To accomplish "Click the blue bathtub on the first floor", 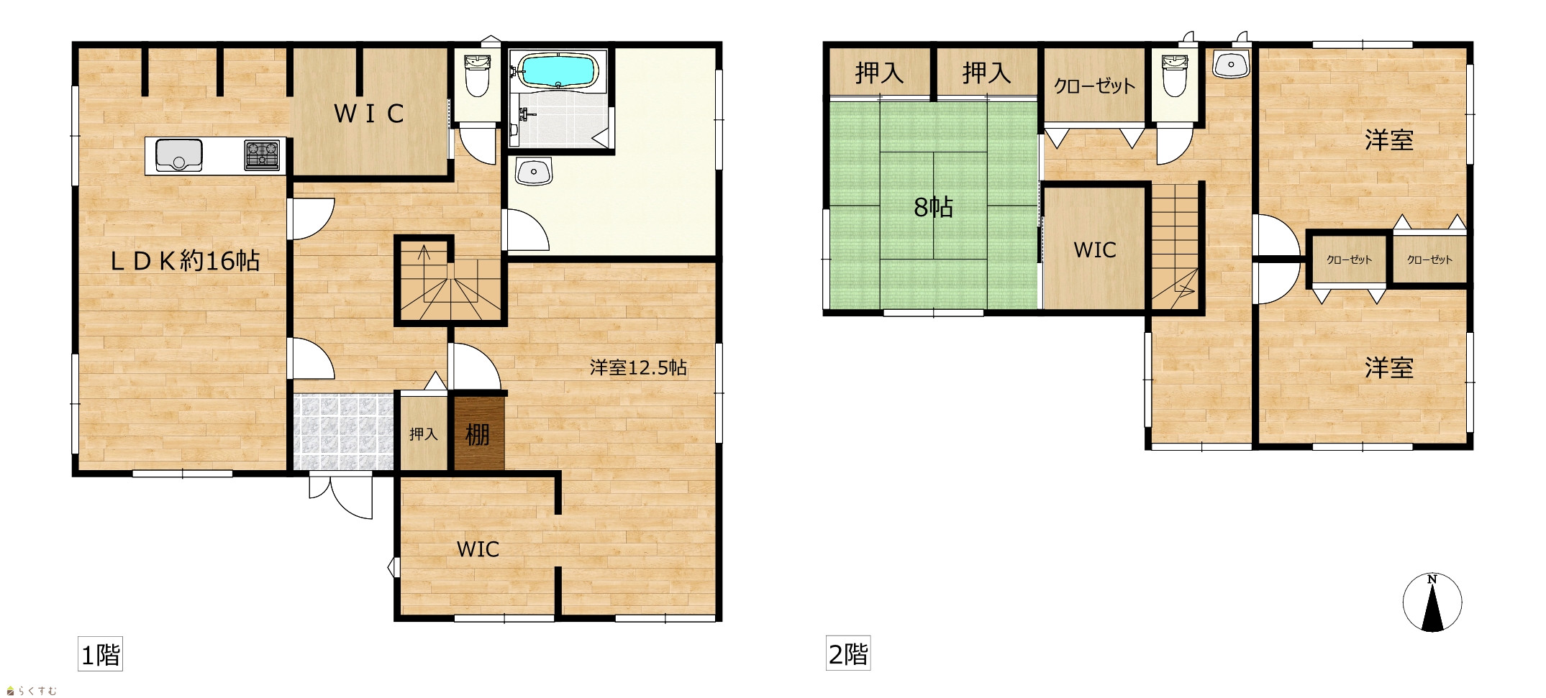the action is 558,70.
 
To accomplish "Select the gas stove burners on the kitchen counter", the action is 262,155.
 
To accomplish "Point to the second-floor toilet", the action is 1175,74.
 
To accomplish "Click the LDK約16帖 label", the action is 184,260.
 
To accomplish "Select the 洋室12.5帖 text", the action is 638,369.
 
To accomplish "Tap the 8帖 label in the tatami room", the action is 933,208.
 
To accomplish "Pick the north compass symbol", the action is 1432,602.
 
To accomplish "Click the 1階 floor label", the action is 100,655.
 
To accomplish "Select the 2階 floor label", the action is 848,655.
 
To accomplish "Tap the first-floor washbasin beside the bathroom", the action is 533,172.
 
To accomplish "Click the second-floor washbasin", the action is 1232,65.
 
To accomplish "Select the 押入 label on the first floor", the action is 424,434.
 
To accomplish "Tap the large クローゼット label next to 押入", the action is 1094,86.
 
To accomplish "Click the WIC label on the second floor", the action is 1095,250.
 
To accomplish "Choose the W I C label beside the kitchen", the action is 369,114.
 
